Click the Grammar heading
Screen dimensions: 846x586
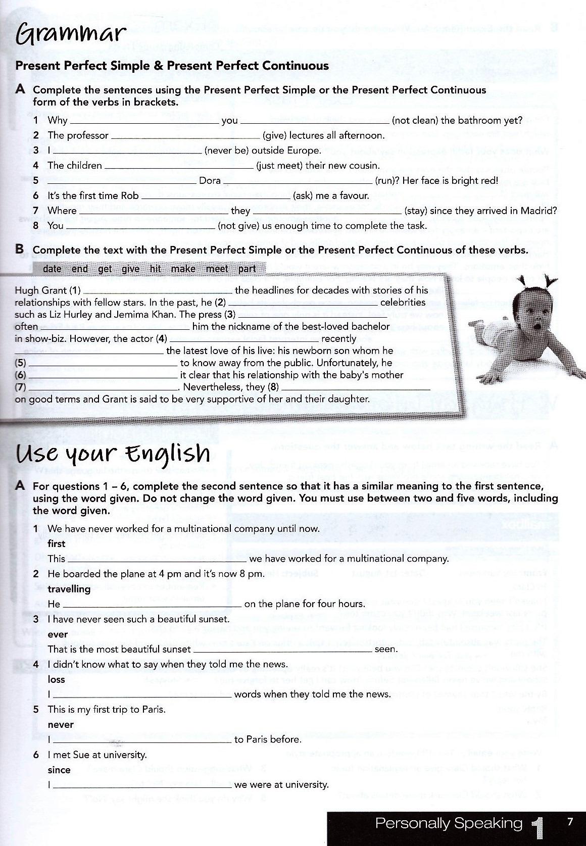pos(71,34)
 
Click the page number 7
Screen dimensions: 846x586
pos(570,822)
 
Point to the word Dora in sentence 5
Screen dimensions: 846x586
pos(210,180)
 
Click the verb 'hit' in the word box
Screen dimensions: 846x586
pos(155,269)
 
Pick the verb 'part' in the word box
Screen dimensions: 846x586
pos(247,269)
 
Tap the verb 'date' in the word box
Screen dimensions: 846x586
pos(52,269)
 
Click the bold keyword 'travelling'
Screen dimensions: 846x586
pos(69,589)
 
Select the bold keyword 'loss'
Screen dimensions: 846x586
pos(57,679)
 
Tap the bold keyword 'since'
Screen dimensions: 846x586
pos(59,770)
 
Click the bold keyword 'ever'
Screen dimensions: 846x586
pos(58,634)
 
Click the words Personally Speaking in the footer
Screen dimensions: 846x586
pos(449,824)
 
